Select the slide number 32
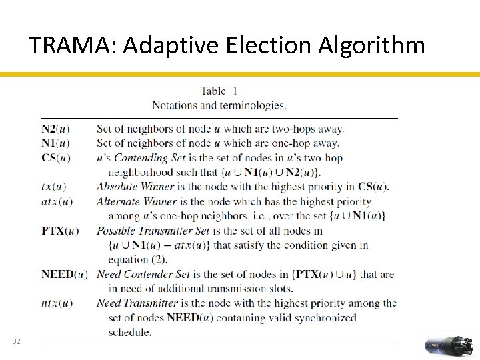tap(17, 342)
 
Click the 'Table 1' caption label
tap(219, 91)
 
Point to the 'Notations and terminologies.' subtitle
tap(219, 105)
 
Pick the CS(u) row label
tap(55, 158)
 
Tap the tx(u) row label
tap(53, 187)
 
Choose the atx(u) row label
tap(57, 201)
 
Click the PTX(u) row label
tap(59, 231)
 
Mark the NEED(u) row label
tap(64, 274)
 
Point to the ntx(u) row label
tap(57, 303)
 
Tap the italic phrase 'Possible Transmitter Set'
tap(163, 231)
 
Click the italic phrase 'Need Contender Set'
tap(147, 274)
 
